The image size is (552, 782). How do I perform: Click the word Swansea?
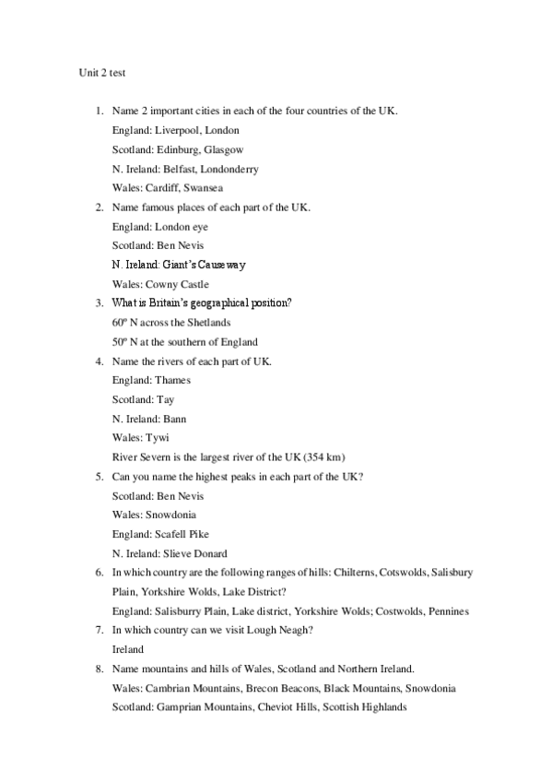tap(203, 188)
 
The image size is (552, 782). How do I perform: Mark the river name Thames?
tap(173, 380)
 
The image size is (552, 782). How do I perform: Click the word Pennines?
tap(447, 610)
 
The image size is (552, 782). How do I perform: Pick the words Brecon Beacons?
tap(277, 688)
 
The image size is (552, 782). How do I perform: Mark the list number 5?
tap(100, 476)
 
